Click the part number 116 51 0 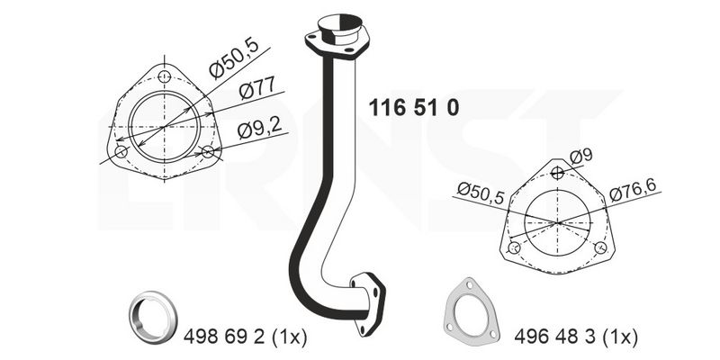point(414,108)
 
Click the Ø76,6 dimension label point(633,190)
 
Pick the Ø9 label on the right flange point(580,157)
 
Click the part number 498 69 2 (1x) point(245,337)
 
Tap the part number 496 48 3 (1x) point(576,337)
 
